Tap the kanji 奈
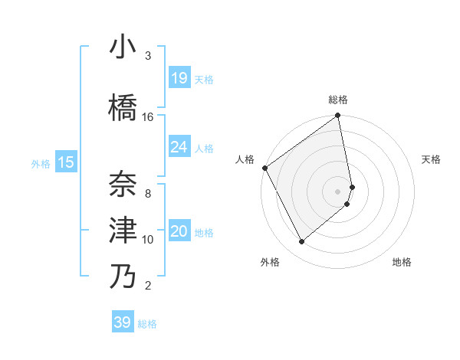click(123, 183)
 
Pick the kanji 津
click(123, 230)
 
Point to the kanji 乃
click(123, 277)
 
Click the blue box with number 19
click(179, 78)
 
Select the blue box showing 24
click(179, 147)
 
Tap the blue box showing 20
click(179, 232)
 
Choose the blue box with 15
click(66, 162)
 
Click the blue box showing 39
click(123, 322)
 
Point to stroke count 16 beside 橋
click(148, 116)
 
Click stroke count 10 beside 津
click(148, 239)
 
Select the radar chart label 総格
click(338, 100)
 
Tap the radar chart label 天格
click(431, 159)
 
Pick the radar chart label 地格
click(402, 262)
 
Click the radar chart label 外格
click(270, 262)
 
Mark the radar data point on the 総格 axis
click(338, 116)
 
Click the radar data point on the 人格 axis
click(264, 168)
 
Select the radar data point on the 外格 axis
click(301, 242)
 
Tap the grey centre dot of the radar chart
click(338, 191)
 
